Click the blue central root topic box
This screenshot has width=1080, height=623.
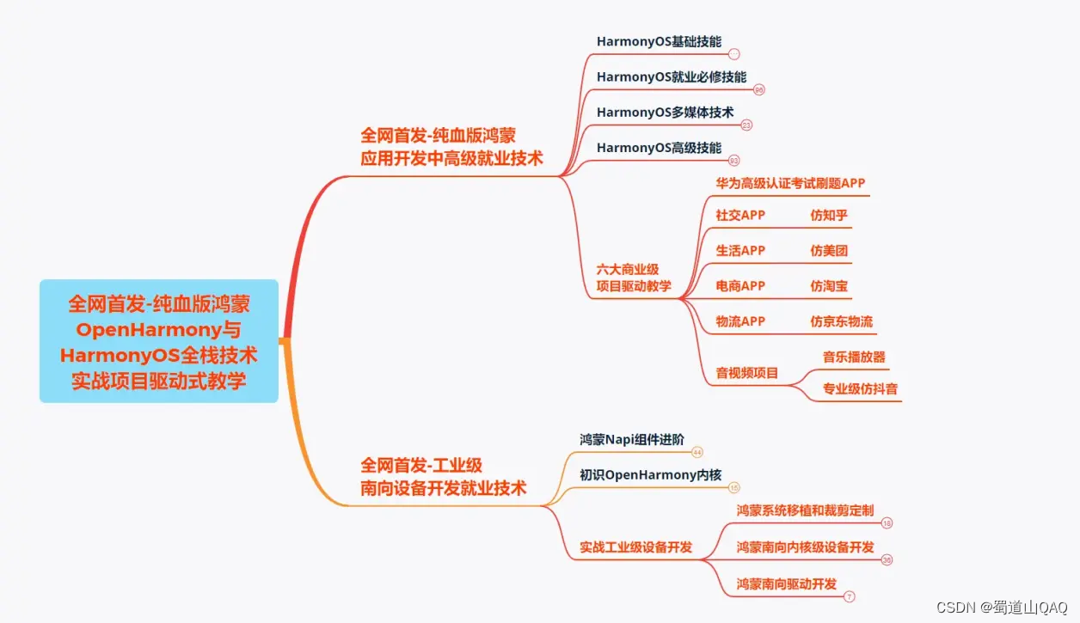tap(159, 341)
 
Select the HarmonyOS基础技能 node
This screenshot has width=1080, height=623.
tap(659, 41)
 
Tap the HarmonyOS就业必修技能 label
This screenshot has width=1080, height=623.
tap(672, 76)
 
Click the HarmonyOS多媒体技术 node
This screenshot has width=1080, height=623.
tap(665, 112)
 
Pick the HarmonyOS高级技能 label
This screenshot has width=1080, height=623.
tap(659, 148)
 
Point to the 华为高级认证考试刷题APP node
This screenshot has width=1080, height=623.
tap(790, 183)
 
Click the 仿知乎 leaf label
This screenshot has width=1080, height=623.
tap(829, 215)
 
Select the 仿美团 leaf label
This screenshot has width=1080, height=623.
tap(829, 250)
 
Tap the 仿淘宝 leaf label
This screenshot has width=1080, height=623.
tap(829, 285)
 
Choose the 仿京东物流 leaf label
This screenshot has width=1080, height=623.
tap(841, 321)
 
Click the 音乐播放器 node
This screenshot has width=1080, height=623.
tap(854, 357)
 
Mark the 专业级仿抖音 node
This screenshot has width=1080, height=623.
tap(860, 388)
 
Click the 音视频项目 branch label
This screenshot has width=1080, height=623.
tap(746, 373)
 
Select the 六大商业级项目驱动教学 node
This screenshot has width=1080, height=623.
tap(634, 278)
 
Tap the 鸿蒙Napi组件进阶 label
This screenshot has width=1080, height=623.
tap(632, 439)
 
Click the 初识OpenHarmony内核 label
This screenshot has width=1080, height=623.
tap(650, 474)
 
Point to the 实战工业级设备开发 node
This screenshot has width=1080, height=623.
tap(635, 547)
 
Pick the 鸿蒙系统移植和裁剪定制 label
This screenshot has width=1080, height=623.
tap(805, 510)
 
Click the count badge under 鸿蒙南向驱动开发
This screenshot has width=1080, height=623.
tap(850, 596)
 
